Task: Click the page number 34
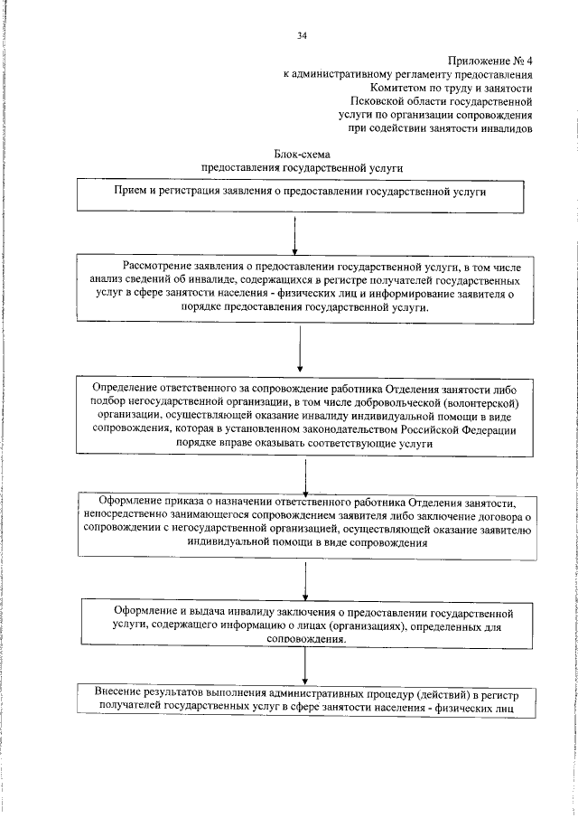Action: point(302,35)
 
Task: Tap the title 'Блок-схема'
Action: point(302,154)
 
